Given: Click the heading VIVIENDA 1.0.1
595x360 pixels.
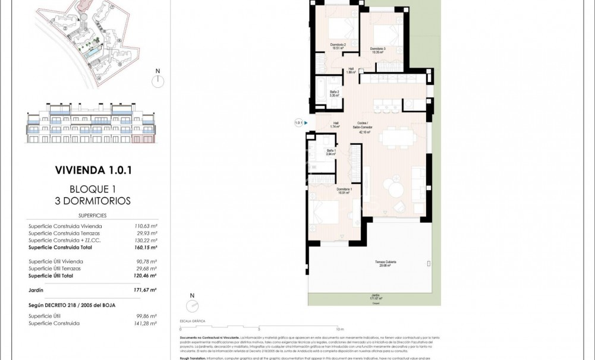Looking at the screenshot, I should click(93, 170).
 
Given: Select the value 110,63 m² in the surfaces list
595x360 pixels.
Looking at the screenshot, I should click(145, 226).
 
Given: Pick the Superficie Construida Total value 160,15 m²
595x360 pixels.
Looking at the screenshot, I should click(145, 247).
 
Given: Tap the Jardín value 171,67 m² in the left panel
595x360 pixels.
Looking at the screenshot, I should click(145, 290).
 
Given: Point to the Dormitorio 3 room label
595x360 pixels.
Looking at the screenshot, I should click(378, 50).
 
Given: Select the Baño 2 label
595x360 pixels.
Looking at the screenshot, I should click(334, 93).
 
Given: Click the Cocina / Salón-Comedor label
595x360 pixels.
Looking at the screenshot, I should click(364, 128).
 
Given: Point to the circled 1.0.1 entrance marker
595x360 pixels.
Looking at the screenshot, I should click(299, 123).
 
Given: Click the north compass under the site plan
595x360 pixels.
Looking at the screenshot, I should click(158, 80).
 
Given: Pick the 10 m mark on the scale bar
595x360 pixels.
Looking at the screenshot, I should click(339, 329).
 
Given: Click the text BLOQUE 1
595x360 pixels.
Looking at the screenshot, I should click(93, 190).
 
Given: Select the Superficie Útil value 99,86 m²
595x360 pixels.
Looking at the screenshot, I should click(145, 317).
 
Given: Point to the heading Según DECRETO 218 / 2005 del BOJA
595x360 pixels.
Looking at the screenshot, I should click(71, 305).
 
